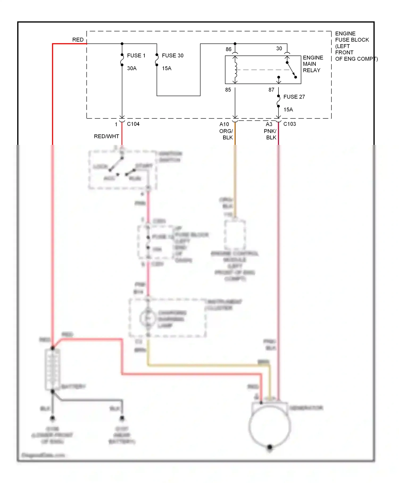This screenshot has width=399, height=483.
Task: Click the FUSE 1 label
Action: (x=136, y=56)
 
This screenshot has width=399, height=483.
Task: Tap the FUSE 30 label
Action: (x=172, y=56)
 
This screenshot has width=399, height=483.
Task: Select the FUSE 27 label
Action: (x=294, y=97)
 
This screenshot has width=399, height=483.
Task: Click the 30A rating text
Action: (x=132, y=68)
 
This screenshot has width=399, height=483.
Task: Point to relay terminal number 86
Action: (x=228, y=49)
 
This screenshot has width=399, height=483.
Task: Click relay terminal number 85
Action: (x=228, y=90)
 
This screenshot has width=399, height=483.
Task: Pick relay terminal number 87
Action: (x=271, y=90)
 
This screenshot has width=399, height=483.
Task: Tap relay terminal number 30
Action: (x=279, y=48)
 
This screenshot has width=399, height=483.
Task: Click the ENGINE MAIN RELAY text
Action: (x=313, y=64)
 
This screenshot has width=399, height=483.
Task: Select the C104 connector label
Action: (x=133, y=124)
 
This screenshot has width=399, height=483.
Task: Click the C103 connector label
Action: (x=289, y=124)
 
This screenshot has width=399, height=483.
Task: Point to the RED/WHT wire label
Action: (x=106, y=136)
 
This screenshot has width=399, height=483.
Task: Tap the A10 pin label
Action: (x=224, y=124)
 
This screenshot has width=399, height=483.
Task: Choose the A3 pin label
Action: (x=269, y=124)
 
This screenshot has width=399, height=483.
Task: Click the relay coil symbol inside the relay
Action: (x=235, y=70)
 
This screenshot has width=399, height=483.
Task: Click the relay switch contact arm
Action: (x=291, y=70)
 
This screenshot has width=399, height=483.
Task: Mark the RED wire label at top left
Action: (x=78, y=40)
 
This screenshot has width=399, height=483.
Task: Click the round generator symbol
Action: (x=269, y=426)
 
